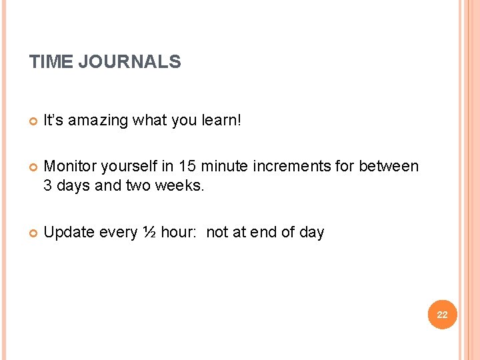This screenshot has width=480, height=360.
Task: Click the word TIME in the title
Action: point(51,63)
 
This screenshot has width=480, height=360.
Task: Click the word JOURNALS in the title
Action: point(129,63)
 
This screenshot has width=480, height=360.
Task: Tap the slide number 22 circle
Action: point(442,314)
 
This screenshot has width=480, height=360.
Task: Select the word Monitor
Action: point(69,166)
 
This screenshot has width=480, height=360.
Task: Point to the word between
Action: point(389,166)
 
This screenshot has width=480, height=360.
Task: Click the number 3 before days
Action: point(48,186)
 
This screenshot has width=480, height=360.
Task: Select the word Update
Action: point(69,233)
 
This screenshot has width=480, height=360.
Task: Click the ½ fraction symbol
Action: point(149,233)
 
